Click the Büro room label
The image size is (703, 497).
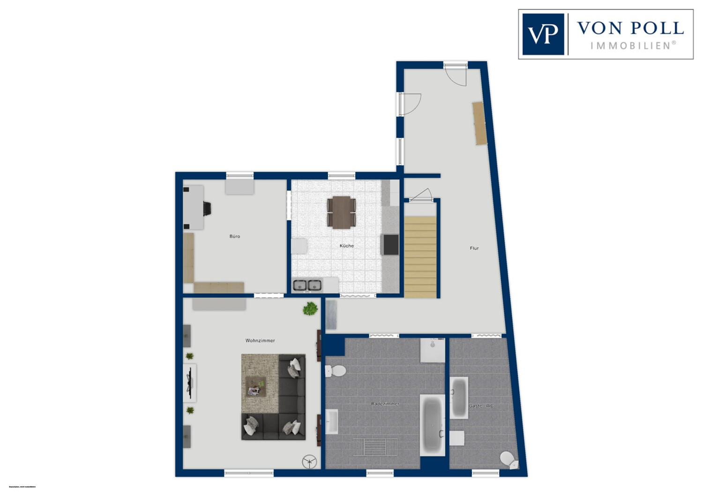click(x=235, y=236)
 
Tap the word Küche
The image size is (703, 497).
click(x=347, y=246)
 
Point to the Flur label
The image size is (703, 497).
click(x=474, y=248)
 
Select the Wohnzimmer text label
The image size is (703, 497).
click(x=260, y=340)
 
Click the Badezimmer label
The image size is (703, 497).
click(x=385, y=404)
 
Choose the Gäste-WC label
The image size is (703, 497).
click(x=481, y=406)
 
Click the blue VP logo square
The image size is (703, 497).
click(x=543, y=34)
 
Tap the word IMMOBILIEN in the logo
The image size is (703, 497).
click(x=633, y=46)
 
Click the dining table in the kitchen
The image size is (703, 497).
click(x=342, y=212)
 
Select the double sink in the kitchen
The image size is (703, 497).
click(x=307, y=285)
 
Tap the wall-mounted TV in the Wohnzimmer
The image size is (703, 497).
click(x=190, y=383)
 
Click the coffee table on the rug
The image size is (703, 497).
click(x=256, y=386)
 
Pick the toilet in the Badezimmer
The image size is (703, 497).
click(x=335, y=371)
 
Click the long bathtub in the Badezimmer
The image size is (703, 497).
click(x=432, y=425)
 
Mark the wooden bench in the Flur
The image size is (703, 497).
click(x=479, y=123)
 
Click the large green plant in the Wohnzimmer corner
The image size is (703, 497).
click(x=310, y=309)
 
